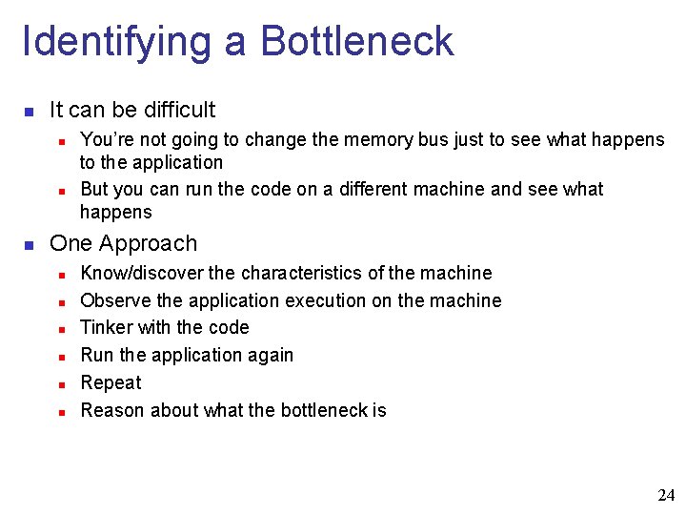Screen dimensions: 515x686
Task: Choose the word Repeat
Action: coord(111,383)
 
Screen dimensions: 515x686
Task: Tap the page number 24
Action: coord(666,495)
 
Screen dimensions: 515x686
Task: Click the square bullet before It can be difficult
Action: coord(30,112)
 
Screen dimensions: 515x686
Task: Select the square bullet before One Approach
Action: coord(30,245)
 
